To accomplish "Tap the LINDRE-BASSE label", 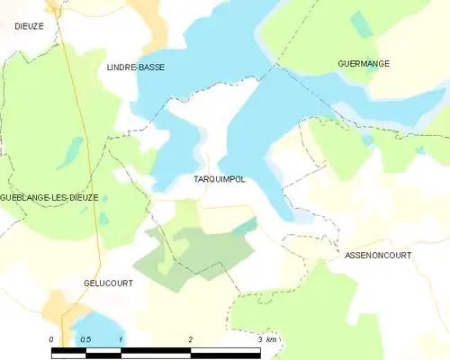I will coord(136,67).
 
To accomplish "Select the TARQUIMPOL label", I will coord(220,179).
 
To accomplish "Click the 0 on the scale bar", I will coord(51,339).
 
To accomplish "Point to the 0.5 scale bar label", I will coord(85,339).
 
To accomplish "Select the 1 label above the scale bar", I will coord(121,339).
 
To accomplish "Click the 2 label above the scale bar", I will coord(191,339).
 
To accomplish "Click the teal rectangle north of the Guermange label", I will coord(361,23).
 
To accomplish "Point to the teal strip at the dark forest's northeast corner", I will coord(244,226).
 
